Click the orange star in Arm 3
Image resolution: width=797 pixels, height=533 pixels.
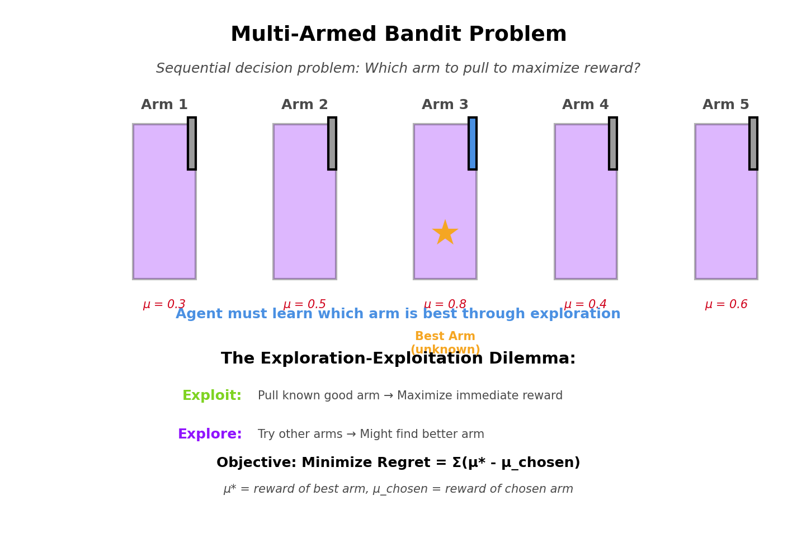(445, 233)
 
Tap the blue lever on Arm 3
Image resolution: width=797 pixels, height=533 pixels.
(473, 143)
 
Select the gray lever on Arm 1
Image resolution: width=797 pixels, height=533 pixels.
(192, 143)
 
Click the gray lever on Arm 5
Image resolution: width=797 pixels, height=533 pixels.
(753, 143)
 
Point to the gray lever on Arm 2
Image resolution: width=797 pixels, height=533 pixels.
(332, 143)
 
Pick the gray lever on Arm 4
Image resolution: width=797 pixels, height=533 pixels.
(613, 143)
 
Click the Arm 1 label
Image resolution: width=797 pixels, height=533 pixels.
(164, 105)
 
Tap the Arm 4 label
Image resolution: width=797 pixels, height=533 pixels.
(586, 105)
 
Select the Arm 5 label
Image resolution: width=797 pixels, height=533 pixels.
(726, 105)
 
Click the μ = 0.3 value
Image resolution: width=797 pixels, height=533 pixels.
(164, 305)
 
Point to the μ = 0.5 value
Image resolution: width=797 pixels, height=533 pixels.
(305, 305)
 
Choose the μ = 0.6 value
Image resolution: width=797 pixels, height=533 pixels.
(726, 305)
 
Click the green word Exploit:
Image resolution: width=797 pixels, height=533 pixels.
(212, 396)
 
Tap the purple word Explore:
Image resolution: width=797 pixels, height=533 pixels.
(210, 435)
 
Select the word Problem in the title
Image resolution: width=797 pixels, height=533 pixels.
(518, 35)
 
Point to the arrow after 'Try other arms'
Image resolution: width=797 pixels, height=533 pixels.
(351, 435)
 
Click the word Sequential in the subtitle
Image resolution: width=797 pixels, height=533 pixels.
(187, 69)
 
